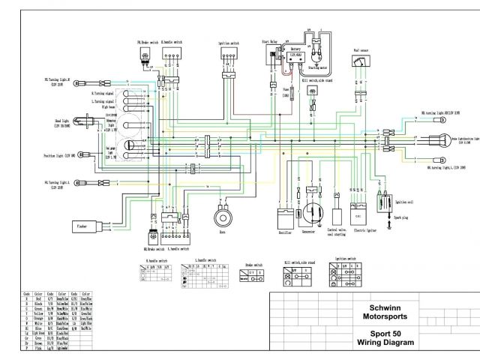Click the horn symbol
click(x=222, y=217)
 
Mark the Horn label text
click(x=222, y=233)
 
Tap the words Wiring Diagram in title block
click(x=383, y=343)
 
